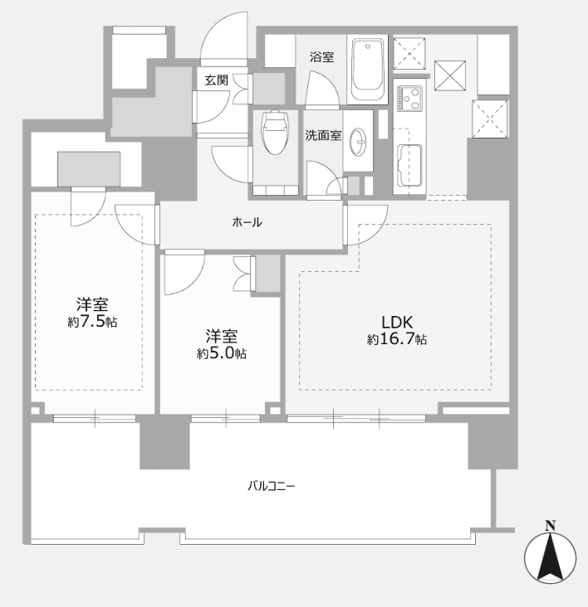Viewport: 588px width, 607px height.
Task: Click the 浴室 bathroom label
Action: (x=321, y=57)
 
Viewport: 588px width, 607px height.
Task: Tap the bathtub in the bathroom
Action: (x=368, y=70)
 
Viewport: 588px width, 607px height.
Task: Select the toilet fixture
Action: (x=276, y=132)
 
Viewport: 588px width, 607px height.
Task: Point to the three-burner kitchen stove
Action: (x=409, y=99)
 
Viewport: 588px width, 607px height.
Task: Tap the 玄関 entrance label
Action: (x=216, y=80)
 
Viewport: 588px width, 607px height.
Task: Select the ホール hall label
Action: (x=247, y=222)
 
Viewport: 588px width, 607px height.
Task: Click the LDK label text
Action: (x=397, y=322)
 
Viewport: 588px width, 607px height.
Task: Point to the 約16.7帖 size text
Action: (x=397, y=339)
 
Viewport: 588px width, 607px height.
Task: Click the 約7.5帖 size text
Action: (x=92, y=322)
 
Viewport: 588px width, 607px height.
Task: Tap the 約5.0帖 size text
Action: (x=222, y=353)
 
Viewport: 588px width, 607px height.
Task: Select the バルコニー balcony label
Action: (x=272, y=485)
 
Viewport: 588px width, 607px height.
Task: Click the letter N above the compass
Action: (x=550, y=526)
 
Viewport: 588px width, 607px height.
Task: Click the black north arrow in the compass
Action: (x=550, y=556)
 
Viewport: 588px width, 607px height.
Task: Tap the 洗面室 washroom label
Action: (x=323, y=135)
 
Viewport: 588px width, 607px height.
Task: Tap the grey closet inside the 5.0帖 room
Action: (x=267, y=273)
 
